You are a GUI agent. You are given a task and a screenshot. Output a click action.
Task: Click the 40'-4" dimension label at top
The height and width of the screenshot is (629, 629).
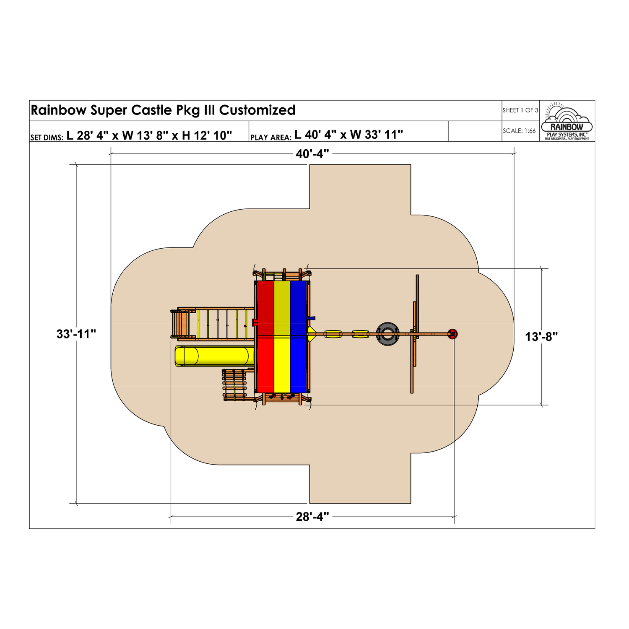coord(312,154)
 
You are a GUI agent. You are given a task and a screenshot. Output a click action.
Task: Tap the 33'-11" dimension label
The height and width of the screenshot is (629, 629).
coord(76,334)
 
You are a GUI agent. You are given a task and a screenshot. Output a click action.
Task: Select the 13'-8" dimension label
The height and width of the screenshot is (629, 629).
coord(542,336)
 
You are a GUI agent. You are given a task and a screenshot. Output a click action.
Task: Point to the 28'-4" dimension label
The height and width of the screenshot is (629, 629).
coord(312,517)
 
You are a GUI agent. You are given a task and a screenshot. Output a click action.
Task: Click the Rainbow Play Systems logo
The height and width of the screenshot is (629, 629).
coord(567,121)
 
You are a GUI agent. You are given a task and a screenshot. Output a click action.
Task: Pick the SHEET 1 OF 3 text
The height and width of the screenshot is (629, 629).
coord(520,110)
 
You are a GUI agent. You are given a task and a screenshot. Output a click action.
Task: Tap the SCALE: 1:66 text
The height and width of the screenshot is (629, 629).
coord(519,131)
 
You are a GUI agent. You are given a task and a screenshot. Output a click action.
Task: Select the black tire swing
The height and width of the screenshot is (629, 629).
coord(387,334)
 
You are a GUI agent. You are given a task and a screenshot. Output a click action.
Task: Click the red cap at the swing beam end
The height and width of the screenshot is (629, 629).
coord(452,334)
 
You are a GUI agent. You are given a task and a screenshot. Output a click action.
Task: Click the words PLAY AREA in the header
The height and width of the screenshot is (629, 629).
coord(271,138)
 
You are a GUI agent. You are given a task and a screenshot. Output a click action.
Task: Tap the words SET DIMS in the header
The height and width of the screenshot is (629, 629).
coord(47,138)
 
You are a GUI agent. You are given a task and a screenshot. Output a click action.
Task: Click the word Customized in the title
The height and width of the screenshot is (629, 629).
coord(257,110)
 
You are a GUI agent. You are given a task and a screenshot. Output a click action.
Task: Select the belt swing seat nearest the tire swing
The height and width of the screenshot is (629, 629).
coord(360,334)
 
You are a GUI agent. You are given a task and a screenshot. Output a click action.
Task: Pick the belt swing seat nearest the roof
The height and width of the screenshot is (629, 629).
coord(333,334)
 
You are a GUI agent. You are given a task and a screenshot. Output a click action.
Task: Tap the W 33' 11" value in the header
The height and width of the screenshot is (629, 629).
coord(377,135)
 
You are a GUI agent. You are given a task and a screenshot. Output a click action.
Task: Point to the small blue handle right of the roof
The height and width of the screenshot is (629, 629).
coord(311,318)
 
